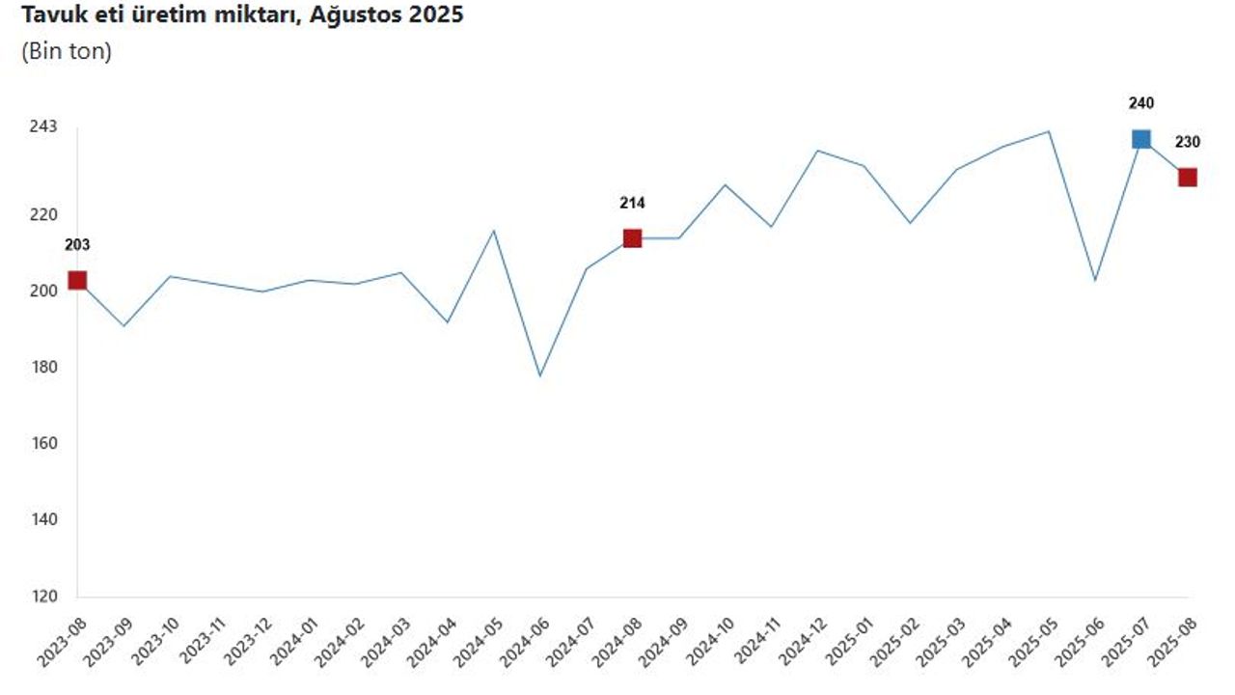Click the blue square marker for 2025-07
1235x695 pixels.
pyautogui.click(x=1141, y=139)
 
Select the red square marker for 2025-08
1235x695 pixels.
pyautogui.click(x=1188, y=178)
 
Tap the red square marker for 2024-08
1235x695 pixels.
pyautogui.click(x=632, y=238)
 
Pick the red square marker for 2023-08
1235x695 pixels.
pyautogui.click(x=77, y=281)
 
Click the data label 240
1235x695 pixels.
pyautogui.click(x=1141, y=103)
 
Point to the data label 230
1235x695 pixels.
pyautogui.click(x=1188, y=142)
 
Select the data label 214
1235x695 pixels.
pyautogui.click(x=632, y=203)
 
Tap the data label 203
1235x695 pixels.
pyautogui.click(x=77, y=245)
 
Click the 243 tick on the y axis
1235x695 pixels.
pyautogui.click(x=43, y=127)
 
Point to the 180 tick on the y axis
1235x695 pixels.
pyautogui.click(x=43, y=368)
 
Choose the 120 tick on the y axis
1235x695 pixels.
pyautogui.click(x=43, y=598)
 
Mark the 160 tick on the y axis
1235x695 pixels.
pyautogui.click(x=43, y=444)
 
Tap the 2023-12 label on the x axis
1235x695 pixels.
pyautogui.click(x=246, y=641)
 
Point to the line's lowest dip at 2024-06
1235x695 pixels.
pyautogui.click(x=540, y=375)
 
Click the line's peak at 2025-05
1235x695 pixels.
pyautogui.click(x=1049, y=131)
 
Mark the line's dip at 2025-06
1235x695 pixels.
pyautogui.click(x=1095, y=281)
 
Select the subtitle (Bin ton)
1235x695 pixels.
pyautogui.click(x=67, y=52)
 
